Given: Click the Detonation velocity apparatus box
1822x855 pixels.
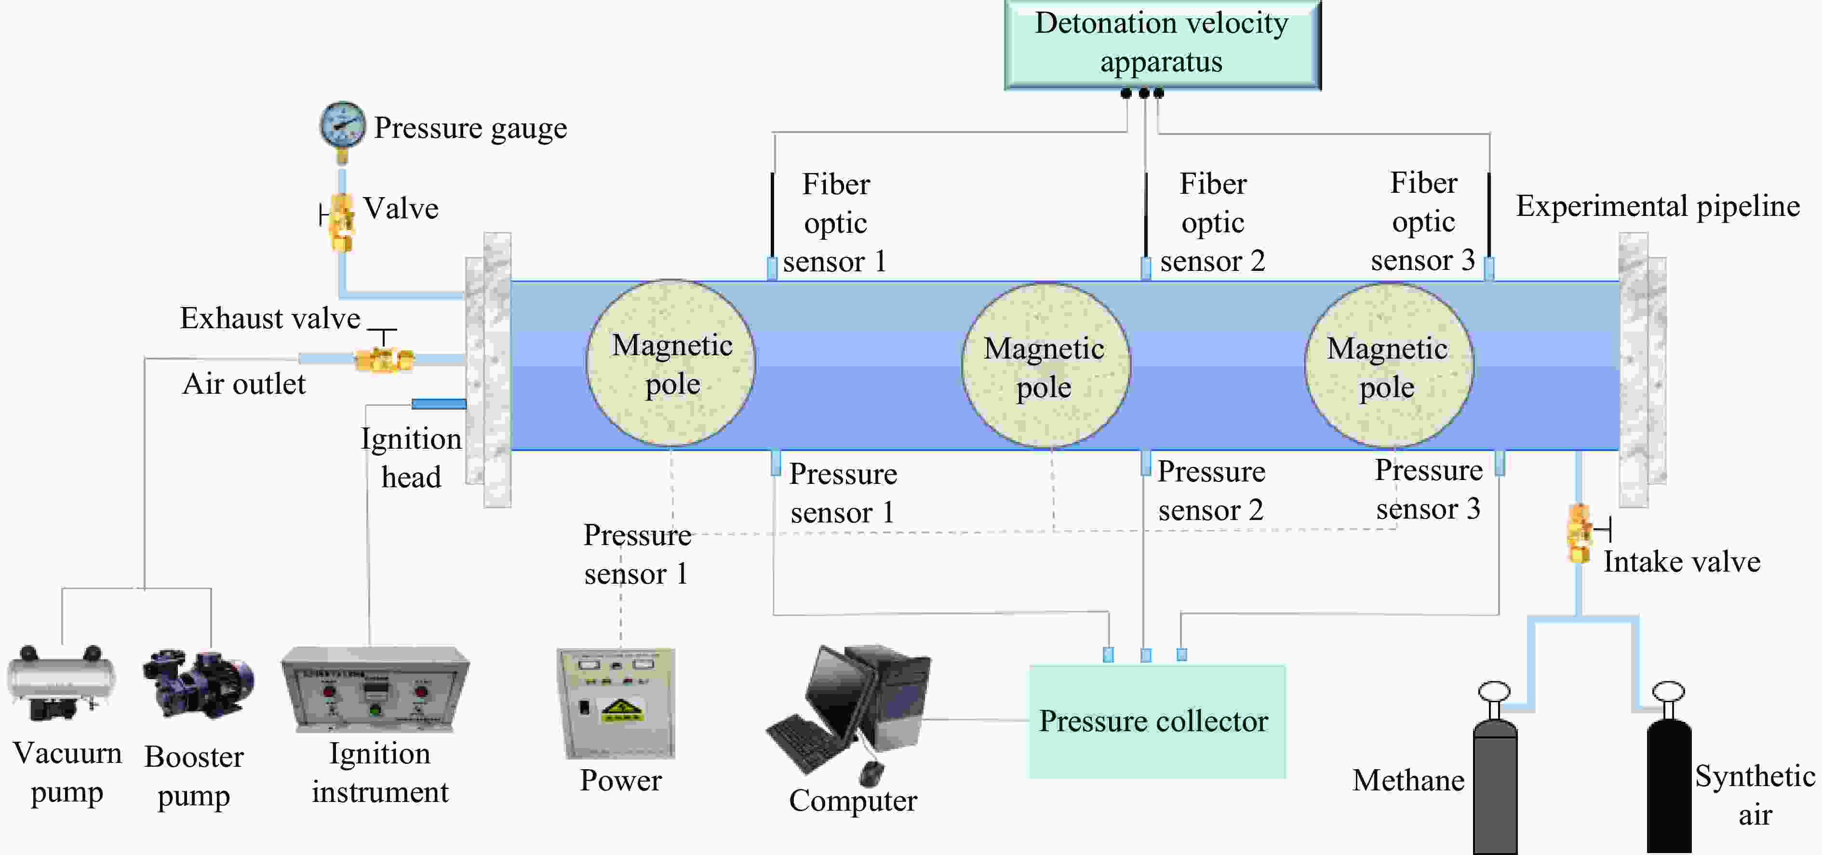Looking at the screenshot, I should (x=1162, y=44).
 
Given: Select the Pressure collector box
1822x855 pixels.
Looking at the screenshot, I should (x=1156, y=721).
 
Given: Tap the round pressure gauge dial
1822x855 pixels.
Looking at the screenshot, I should (x=342, y=124).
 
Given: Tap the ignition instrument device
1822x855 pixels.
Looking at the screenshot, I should (x=375, y=690).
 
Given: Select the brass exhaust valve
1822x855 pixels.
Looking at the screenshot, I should (x=384, y=359).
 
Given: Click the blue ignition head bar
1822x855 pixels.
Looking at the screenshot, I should (x=439, y=404).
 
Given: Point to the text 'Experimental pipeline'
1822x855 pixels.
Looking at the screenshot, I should (x=1657, y=206).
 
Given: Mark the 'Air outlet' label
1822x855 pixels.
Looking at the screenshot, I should (x=244, y=384).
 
